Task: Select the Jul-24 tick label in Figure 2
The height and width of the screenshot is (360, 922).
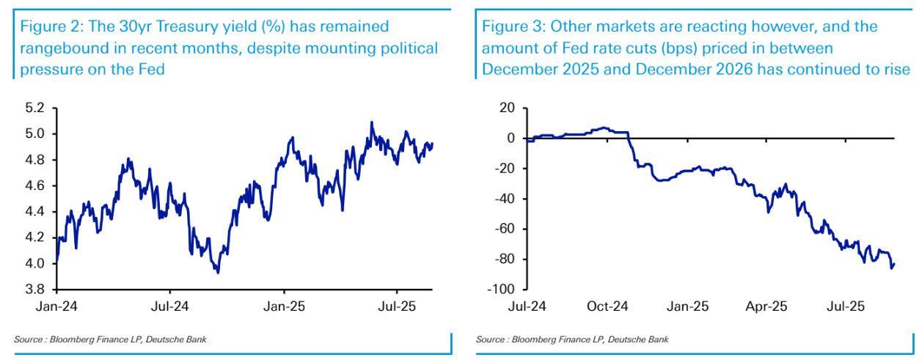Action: [x=171, y=306]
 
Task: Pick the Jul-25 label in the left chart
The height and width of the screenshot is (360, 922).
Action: [x=397, y=306]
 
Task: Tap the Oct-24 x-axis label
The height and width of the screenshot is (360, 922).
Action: [x=607, y=306]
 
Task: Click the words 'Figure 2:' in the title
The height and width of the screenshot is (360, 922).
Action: [x=50, y=27]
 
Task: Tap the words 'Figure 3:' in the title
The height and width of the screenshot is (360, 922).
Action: [x=513, y=27]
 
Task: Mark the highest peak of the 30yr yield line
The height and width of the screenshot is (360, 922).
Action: [x=372, y=122]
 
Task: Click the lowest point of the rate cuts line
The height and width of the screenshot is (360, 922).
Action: [x=891, y=268]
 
